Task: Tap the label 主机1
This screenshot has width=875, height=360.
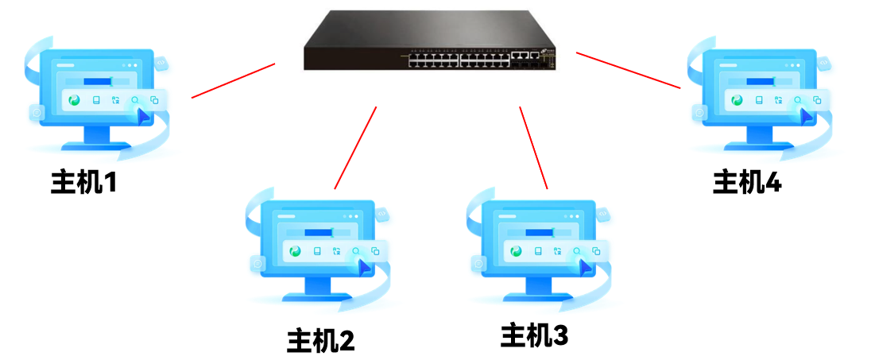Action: click(x=83, y=182)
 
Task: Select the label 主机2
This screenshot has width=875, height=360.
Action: click(x=320, y=340)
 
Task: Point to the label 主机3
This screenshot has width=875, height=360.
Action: click(x=534, y=335)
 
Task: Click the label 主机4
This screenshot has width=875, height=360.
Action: click(x=747, y=182)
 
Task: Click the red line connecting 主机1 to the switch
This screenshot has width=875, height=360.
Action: click(x=233, y=80)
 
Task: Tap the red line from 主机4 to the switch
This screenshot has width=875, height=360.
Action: click(x=629, y=70)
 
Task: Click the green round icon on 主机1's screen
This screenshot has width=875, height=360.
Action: click(x=75, y=101)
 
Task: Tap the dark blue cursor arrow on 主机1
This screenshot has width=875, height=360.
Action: click(x=142, y=117)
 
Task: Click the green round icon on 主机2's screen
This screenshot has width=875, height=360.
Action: click(x=296, y=251)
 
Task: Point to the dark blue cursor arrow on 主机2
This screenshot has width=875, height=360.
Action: click(x=363, y=268)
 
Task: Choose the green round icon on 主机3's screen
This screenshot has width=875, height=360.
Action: click(x=516, y=251)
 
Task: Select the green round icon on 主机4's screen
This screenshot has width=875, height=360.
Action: click(x=737, y=101)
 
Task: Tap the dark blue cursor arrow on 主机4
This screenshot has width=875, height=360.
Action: click(x=805, y=117)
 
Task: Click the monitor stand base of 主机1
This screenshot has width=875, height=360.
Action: click(x=96, y=147)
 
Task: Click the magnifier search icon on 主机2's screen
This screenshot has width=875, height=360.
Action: click(x=356, y=252)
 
